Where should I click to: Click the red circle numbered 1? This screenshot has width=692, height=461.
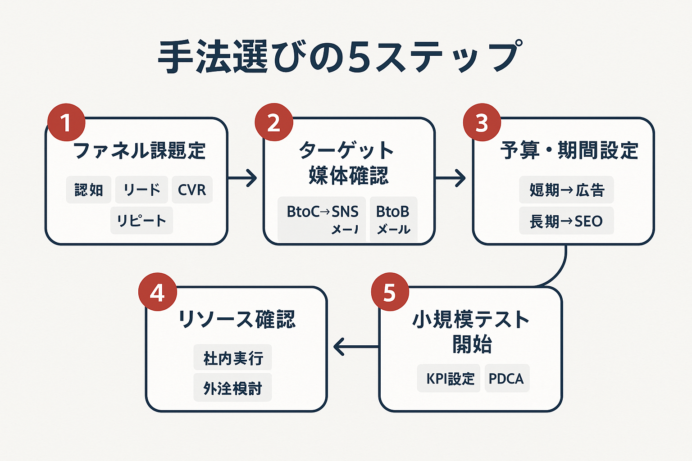66,122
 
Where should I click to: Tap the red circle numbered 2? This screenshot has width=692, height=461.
274,122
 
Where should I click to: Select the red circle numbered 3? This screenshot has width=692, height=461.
482,122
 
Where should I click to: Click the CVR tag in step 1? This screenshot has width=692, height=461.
192,190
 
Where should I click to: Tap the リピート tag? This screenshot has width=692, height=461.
141,221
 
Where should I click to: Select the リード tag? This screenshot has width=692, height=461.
141,190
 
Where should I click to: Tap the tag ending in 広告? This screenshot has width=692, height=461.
566,190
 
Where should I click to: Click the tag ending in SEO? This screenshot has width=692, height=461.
566,221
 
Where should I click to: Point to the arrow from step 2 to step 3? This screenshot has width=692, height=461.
450,178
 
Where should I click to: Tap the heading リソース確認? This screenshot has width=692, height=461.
237,320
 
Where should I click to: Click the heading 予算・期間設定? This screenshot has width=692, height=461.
569,150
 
